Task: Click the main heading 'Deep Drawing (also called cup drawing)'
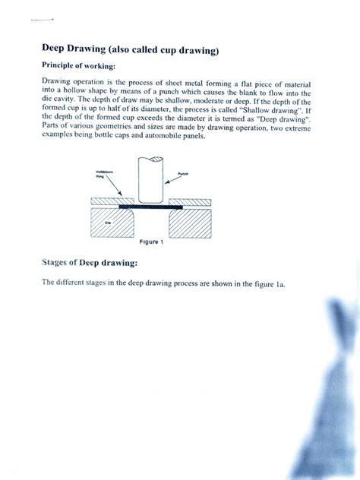(x=130, y=50)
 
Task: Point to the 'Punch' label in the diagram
(x=183, y=174)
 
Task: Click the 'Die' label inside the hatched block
(x=107, y=223)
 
